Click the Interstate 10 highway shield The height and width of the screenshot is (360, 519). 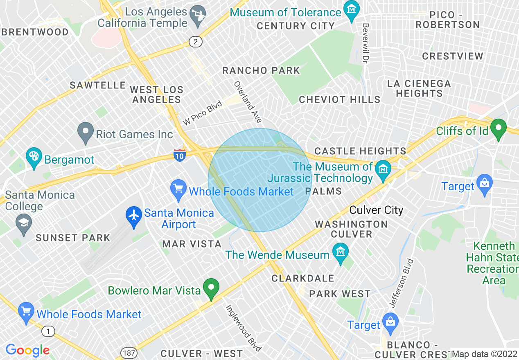pyautogui.click(x=180, y=154)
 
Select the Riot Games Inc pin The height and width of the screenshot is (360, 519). pyautogui.click(x=86, y=132)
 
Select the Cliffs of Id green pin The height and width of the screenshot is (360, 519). pyautogui.click(x=498, y=128)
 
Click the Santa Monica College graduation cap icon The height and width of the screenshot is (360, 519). pyautogui.click(x=24, y=223)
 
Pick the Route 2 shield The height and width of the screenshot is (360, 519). pyautogui.click(x=195, y=41)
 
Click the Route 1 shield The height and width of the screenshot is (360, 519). pyautogui.click(x=48, y=331)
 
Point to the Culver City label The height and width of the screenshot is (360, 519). pyautogui.click(x=376, y=210)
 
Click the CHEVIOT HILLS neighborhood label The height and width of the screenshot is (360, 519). pyautogui.click(x=339, y=99)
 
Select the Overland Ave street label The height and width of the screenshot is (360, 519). pyautogui.click(x=248, y=102)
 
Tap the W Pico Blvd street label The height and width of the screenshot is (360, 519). pyautogui.click(x=202, y=113)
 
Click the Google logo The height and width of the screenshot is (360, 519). pyautogui.click(x=27, y=350)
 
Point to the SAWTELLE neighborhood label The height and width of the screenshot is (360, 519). pyautogui.click(x=97, y=85)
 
